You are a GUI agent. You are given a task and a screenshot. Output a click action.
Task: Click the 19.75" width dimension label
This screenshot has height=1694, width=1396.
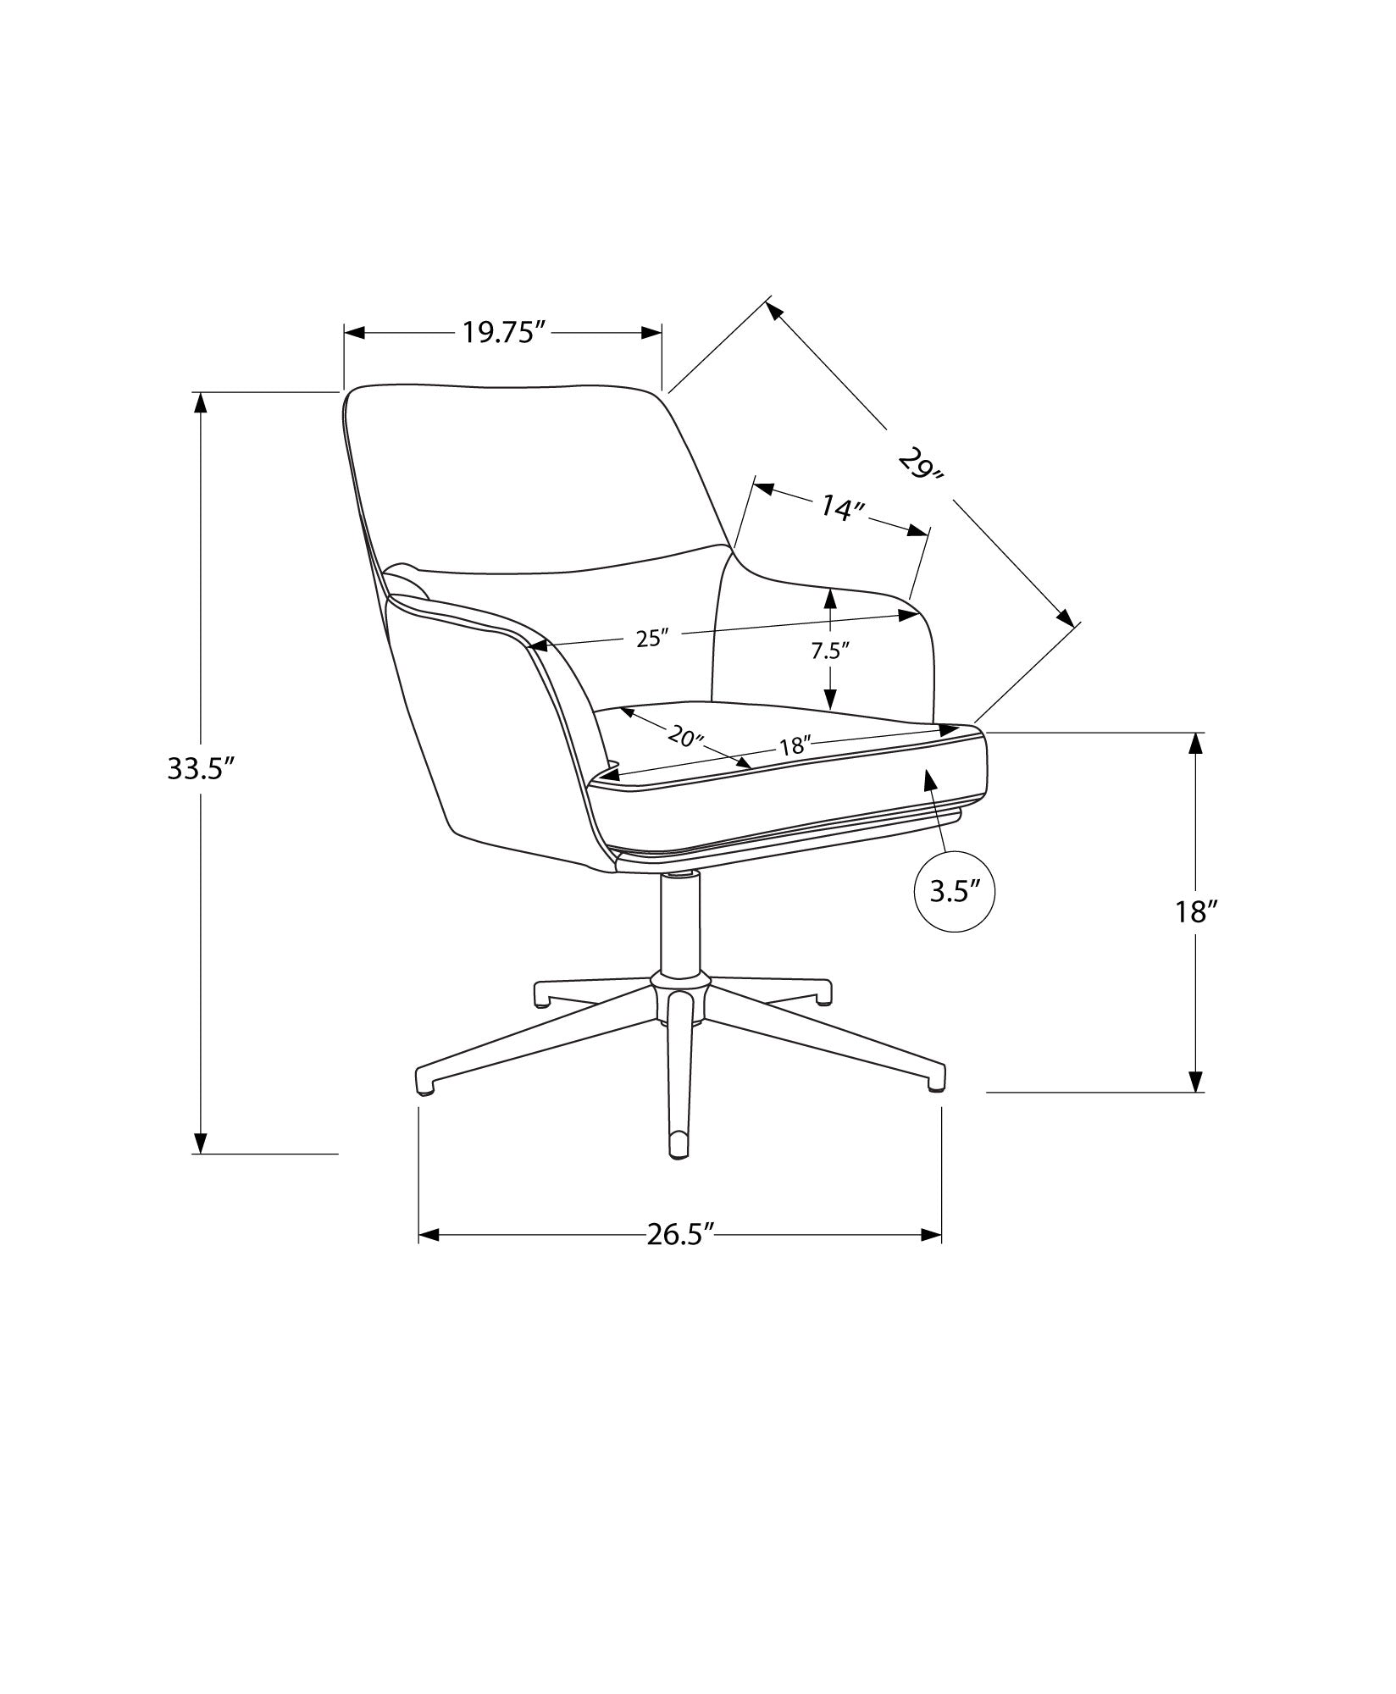[502, 333]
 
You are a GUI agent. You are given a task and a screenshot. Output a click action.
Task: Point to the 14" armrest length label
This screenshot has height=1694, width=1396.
[841, 508]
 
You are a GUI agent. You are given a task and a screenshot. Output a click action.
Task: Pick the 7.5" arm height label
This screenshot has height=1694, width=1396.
[830, 650]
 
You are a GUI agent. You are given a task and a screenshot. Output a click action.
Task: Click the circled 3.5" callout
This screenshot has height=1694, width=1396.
[955, 892]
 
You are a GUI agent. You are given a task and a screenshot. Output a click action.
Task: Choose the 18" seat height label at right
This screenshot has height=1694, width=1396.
[1195, 912]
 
